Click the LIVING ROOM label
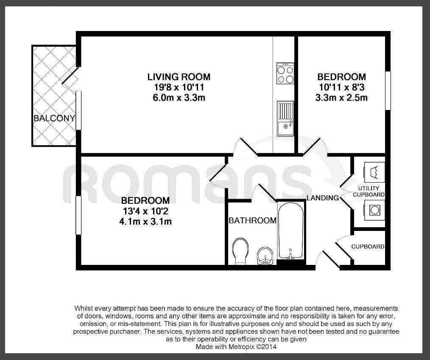pos(179,77)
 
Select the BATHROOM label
pos(252,220)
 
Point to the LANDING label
pos(323,198)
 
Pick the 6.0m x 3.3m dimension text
pos(179,98)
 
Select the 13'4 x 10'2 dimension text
pos(145,211)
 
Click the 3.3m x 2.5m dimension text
pos(342,98)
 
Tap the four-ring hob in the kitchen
pos(285,73)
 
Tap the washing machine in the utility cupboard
pos(374,210)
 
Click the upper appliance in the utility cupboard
pos(374,172)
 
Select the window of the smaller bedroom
pos(388,91)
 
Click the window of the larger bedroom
pos(78,215)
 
